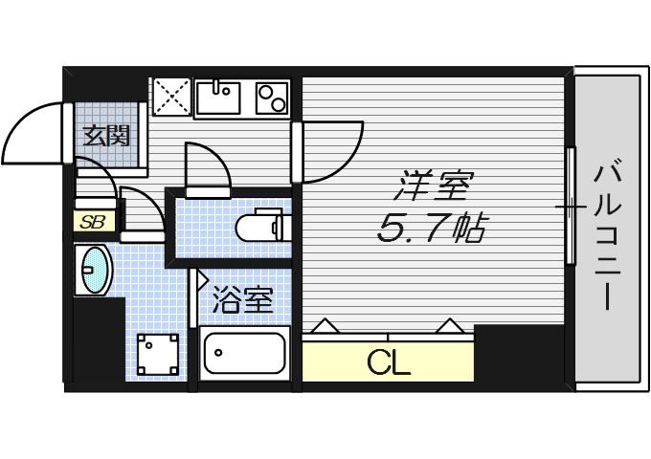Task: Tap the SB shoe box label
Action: pos(93,222)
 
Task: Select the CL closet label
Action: pos(389,362)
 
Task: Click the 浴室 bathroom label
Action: pos(243,300)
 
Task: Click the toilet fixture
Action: pos(258,228)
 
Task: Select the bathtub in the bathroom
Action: pos(244,354)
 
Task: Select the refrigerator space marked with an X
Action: pos(172,96)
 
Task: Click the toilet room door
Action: pos(206,168)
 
